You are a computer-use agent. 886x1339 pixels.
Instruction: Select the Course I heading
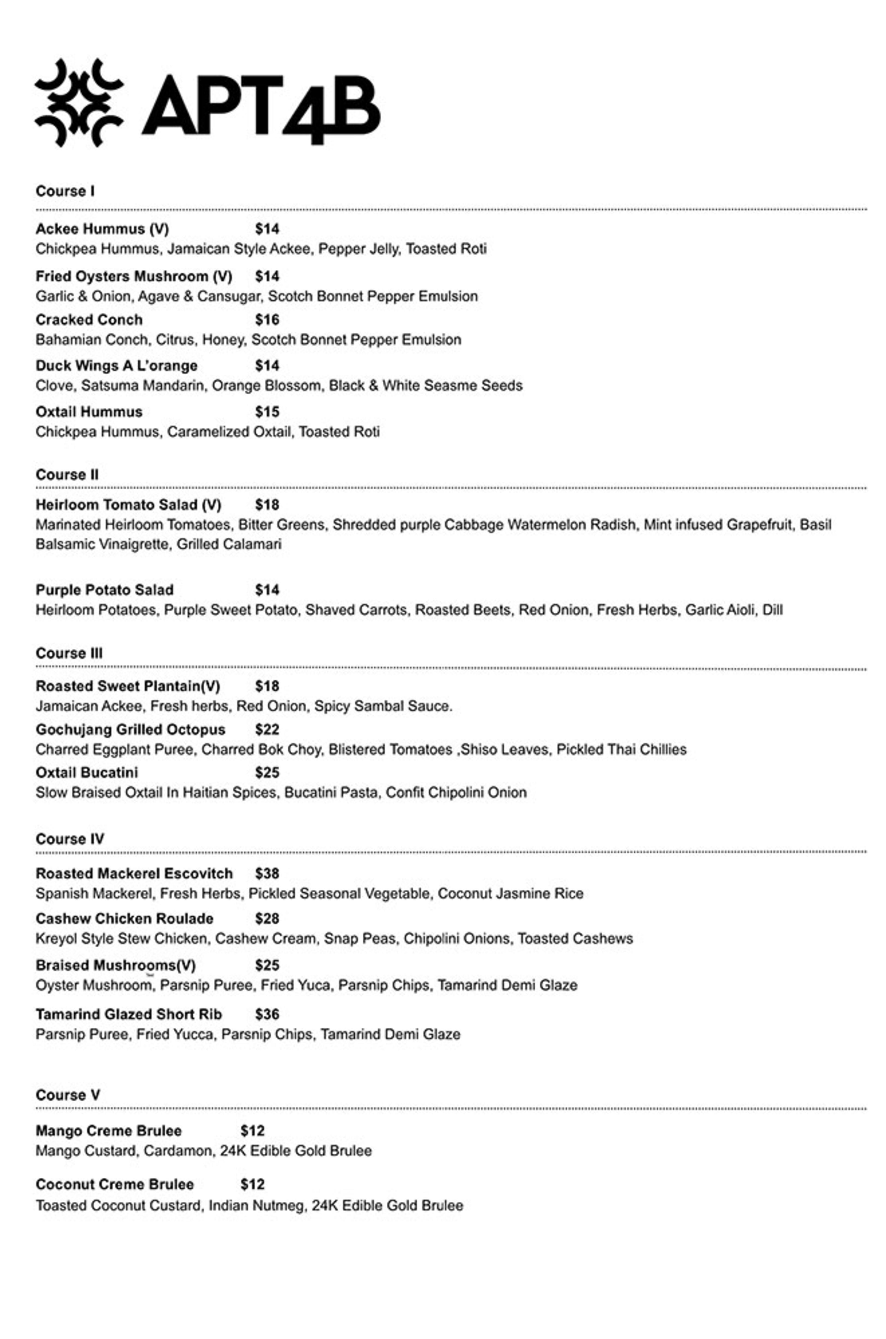click(x=65, y=191)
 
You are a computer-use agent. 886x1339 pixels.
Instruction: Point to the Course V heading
click(x=68, y=1095)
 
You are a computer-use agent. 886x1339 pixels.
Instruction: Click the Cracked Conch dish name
click(x=89, y=320)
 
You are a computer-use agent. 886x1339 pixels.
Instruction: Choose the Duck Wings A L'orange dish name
click(x=116, y=366)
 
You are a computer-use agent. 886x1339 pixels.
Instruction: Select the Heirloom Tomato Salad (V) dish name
click(x=128, y=505)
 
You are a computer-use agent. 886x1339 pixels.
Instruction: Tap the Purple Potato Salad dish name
click(x=105, y=590)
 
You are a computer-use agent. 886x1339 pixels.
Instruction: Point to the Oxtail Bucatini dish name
click(x=87, y=773)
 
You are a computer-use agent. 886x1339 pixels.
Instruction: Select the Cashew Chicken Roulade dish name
click(x=124, y=918)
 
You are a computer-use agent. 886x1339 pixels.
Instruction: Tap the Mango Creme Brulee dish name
click(x=108, y=1131)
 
